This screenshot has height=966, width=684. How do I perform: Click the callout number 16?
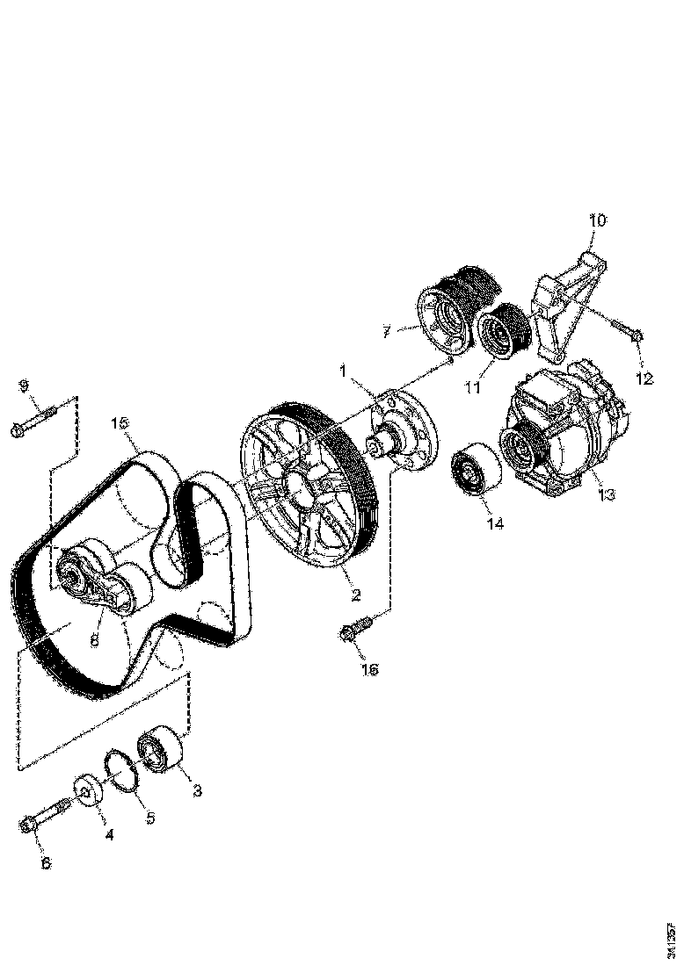point(369,670)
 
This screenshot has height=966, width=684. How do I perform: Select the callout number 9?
point(24,386)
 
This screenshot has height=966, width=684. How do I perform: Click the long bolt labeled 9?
point(34,419)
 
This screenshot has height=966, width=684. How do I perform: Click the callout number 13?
point(605,494)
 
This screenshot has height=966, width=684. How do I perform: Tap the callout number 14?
point(495,523)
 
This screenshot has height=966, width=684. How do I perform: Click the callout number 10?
point(597,220)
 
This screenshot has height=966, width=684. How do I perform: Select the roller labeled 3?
point(162,750)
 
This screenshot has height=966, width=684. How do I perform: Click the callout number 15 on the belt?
point(120,424)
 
